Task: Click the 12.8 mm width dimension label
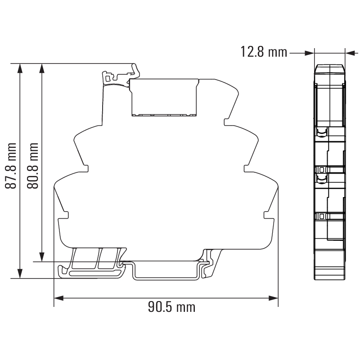264,52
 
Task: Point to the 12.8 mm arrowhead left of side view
309,53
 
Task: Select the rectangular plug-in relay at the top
164,97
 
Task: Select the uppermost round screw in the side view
321,132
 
